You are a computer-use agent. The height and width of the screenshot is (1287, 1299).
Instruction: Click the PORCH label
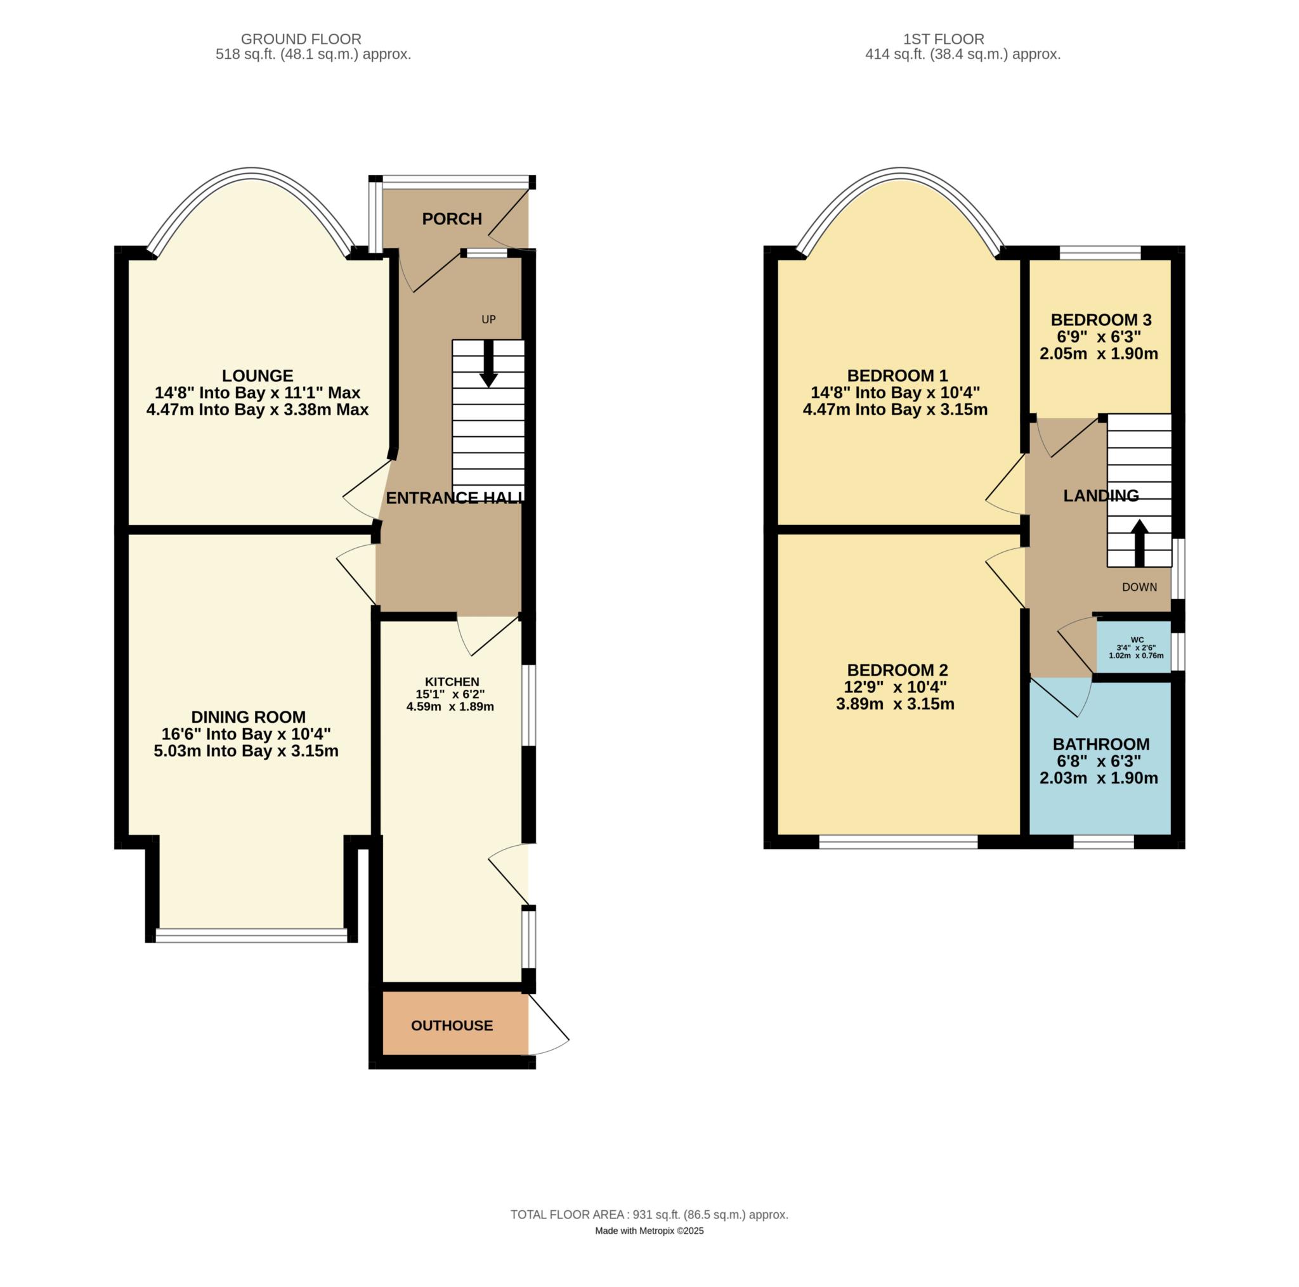pos(452,219)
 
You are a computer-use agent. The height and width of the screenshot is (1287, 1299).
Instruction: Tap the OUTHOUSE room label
pos(452,1026)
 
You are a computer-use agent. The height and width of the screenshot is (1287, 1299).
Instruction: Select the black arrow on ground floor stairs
pos(489,366)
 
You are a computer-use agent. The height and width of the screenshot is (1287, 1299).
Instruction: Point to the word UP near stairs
pos(489,320)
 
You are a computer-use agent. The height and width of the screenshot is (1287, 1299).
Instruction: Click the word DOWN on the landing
pos(1140,587)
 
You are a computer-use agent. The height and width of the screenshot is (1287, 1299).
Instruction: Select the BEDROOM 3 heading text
pos(1101,320)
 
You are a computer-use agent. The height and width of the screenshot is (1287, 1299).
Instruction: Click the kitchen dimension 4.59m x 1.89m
pos(450,707)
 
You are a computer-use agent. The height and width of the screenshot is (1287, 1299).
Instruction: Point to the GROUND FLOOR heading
pos(301,39)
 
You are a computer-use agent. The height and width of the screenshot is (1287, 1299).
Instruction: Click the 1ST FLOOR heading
pos(963,39)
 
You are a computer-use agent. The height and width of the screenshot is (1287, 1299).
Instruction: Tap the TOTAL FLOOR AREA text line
pos(649,1215)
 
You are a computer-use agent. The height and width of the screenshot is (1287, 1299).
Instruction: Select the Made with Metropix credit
pos(649,1231)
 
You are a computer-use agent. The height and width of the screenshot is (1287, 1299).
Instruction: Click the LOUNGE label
pos(258,375)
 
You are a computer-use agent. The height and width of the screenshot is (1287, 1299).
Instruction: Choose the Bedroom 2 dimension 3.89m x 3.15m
pos(895,704)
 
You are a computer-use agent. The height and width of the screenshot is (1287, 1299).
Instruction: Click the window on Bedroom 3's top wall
pos(1100,253)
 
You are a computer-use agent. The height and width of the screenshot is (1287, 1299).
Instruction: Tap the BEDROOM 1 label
pos(897,375)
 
